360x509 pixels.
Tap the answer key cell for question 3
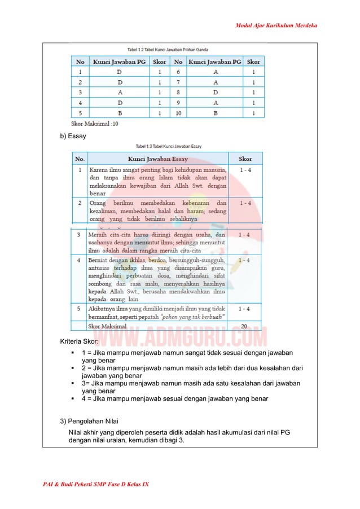[118, 93]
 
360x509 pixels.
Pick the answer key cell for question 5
[118, 113]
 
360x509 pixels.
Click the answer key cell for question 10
[214, 113]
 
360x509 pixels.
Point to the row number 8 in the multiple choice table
[178, 93]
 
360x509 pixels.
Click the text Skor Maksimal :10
[95, 123]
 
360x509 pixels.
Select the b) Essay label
[73, 137]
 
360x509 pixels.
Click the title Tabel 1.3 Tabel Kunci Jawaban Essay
[169, 146]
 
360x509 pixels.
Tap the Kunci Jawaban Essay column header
[158, 159]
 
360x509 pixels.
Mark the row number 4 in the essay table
[79, 260]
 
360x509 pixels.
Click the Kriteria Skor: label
[80, 342]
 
